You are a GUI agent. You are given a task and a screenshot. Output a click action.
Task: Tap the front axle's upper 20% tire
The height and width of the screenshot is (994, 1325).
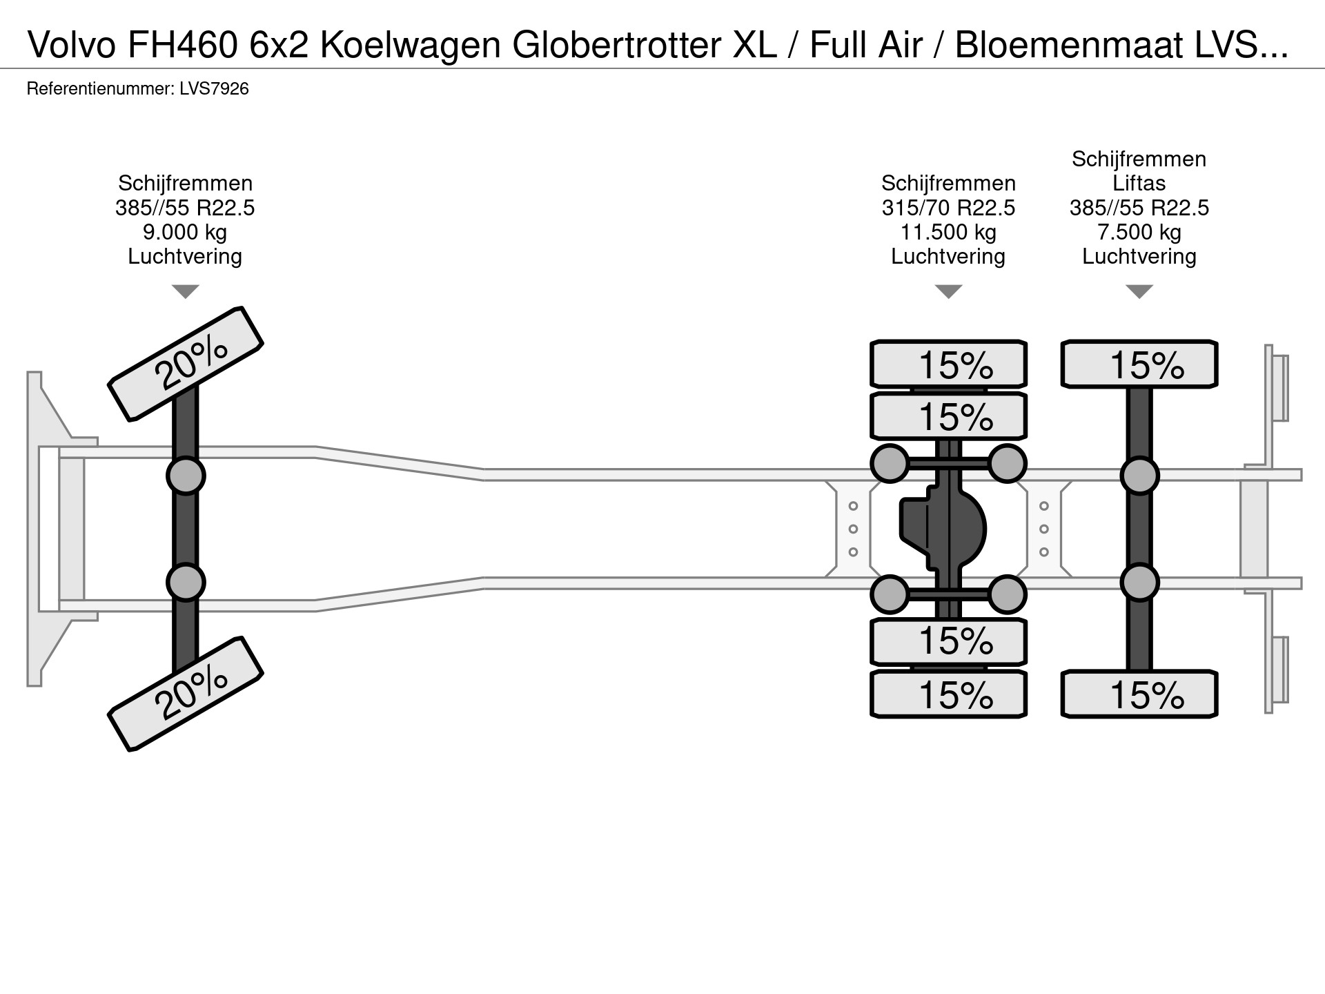(x=186, y=364)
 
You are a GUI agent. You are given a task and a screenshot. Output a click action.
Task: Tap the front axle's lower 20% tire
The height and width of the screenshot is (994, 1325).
(x=186, y=694)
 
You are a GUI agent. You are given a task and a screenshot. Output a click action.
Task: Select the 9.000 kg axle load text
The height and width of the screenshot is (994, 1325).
(x=185, y=232)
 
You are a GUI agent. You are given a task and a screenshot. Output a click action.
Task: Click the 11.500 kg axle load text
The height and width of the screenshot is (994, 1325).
(x=948, y=232)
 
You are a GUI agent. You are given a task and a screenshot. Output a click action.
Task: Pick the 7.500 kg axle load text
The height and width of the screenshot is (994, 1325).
(x=1139, y=232)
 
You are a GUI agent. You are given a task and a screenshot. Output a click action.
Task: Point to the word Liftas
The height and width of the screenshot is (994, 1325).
(x=1139, y=184)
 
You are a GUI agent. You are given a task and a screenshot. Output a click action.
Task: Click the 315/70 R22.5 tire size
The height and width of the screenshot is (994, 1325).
(x=948, y=208)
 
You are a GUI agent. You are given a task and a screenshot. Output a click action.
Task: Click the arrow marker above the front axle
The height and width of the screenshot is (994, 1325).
(x=185, y=291)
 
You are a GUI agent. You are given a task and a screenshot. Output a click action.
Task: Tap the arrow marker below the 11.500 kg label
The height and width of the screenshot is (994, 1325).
(x=948, y=291)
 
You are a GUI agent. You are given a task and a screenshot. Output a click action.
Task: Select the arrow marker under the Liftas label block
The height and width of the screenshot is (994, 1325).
(x=1139, y=291)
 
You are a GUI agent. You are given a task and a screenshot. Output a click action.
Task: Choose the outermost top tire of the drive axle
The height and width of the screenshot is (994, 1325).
(x=948, y=364)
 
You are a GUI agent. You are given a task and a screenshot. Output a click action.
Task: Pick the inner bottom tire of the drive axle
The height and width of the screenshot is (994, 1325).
(x=948, y=641)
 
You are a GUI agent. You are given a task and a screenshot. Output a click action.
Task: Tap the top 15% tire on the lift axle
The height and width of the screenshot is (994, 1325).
(x=1139, y=364)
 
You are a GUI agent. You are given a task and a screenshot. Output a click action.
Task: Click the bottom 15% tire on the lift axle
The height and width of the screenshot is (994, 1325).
(x=1139, y=694)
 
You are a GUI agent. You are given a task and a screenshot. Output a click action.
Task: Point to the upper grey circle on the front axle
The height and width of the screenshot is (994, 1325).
(x=186, y=476)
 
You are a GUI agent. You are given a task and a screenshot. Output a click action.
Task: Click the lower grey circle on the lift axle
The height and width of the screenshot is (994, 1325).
(x=1139, y=583)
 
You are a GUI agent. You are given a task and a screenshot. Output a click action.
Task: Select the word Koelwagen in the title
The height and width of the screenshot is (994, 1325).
(x=410, y=46)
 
